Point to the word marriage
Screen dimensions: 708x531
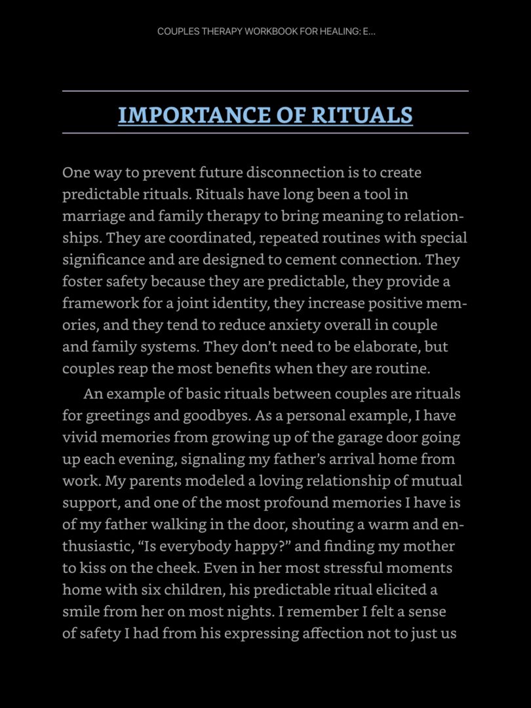click(90, 216)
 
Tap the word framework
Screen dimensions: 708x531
click(96, 304)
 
